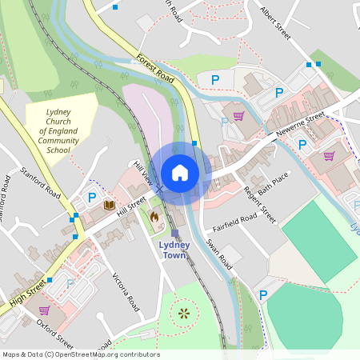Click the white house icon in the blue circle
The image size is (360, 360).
pos(180,173)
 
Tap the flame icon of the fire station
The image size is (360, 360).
pos(154,216)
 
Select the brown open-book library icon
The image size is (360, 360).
pos(109,206)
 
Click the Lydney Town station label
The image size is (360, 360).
pos(174,250)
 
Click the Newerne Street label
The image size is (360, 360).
pos(300,125)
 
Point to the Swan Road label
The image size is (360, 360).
pos(218,254)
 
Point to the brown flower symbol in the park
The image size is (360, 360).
pos(185,313)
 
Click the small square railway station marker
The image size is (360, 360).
pos(174,233)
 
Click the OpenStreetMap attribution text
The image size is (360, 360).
pos(80,354)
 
